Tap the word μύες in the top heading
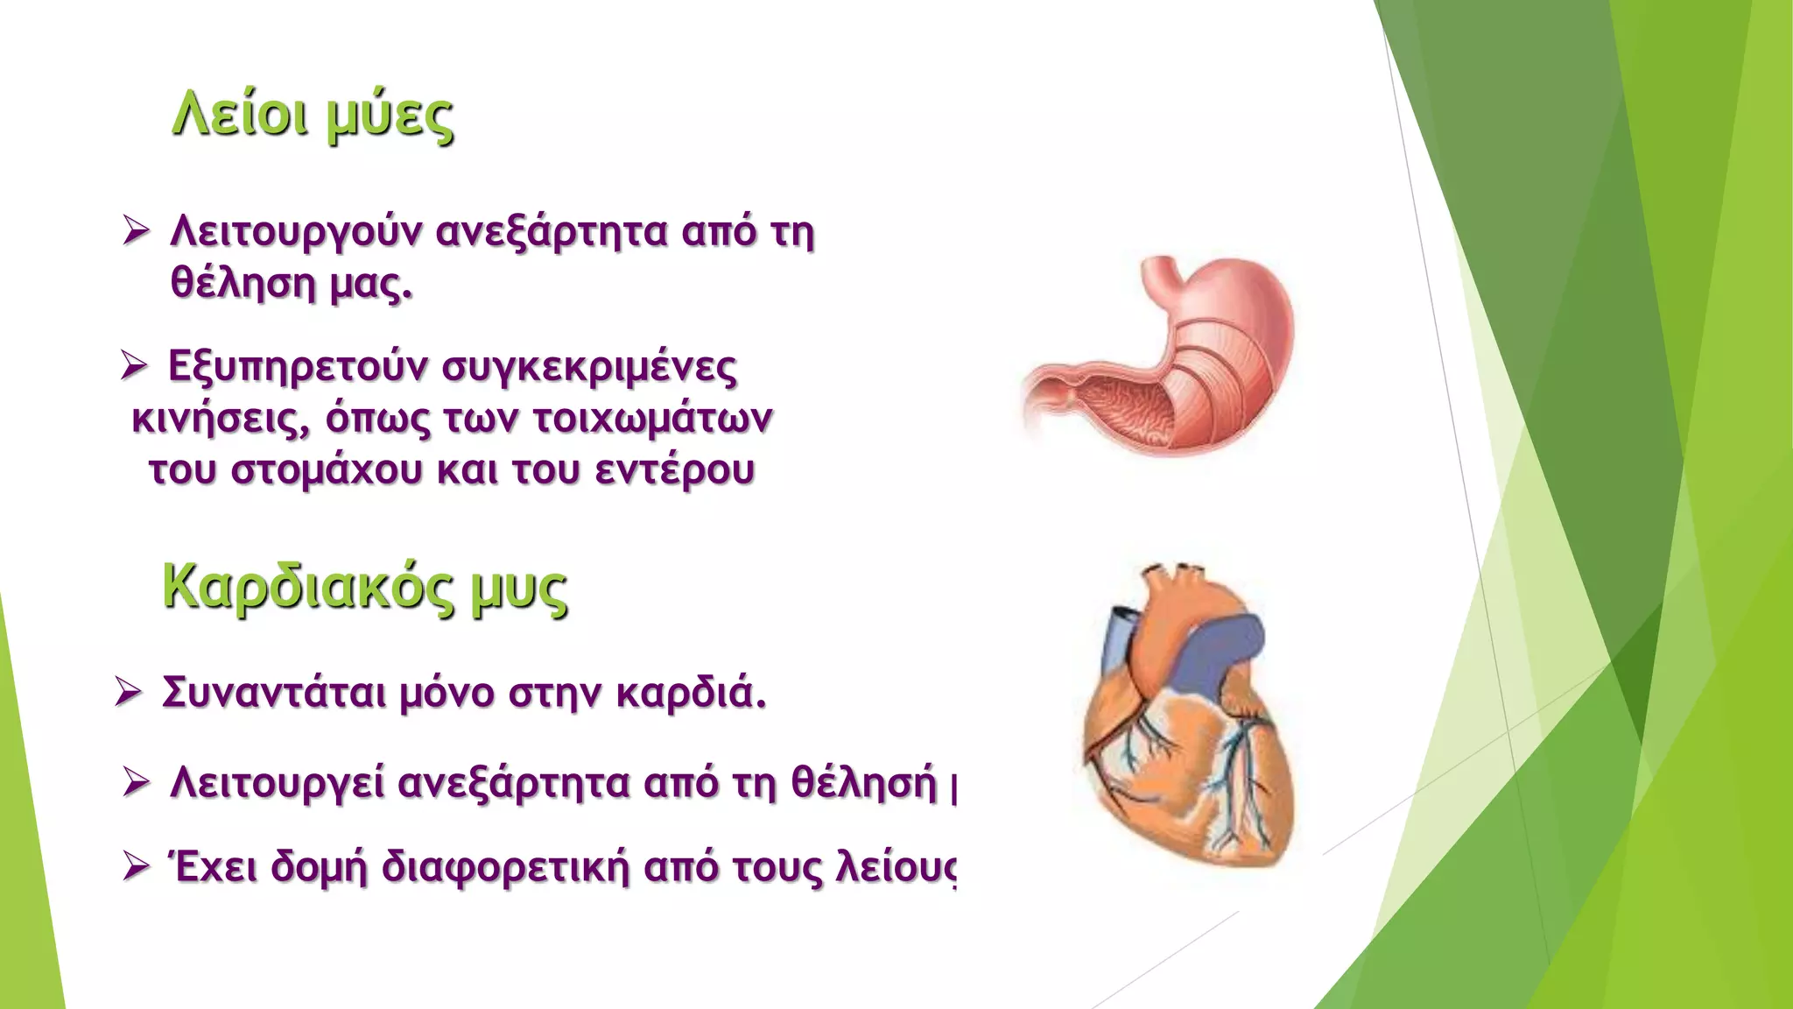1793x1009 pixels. (390, 118)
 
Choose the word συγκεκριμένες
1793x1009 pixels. (589, 369)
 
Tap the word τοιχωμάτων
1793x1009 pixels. (652, 419)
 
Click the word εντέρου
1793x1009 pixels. (674, 470)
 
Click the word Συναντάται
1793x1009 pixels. (273, 693)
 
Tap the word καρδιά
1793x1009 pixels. (691, 693)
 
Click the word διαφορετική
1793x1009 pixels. (505, 868)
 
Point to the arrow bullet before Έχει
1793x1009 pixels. (137, 866)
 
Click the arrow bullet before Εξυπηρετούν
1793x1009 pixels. (133, 365)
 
